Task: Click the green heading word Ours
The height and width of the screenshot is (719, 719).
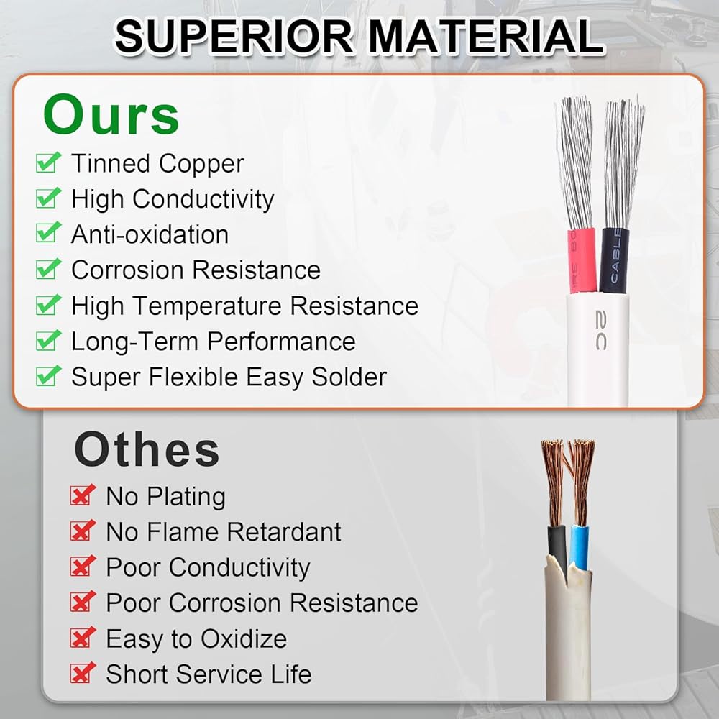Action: [111, 114]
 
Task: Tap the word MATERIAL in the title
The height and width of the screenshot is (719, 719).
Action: [485, 36]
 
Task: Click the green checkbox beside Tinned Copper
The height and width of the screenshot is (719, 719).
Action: [48, 162]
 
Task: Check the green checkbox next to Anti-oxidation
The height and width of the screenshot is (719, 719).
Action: [48, 232]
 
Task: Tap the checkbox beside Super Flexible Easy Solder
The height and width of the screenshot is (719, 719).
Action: [48, 376]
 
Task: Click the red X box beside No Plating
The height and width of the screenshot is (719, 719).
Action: [83, 495]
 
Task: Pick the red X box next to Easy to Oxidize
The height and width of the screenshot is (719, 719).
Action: [83, 637]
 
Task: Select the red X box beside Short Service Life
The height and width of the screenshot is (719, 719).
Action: [83, 673]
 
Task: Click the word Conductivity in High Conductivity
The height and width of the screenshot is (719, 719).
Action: [203, 199]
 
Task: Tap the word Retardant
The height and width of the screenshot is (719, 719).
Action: [284, 532]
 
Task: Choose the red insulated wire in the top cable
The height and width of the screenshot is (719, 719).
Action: [580, 260]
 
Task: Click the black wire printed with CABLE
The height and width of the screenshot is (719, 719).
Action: [614, 260]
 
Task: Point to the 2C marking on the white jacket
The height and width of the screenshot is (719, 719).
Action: [601, 330]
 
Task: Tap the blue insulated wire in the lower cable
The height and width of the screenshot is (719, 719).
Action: [580, 549]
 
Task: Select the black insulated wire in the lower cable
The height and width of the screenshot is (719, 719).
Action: [558, 550]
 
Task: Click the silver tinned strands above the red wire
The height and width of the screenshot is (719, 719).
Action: [575, 162]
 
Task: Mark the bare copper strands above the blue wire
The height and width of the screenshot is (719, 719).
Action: [582, 482]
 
